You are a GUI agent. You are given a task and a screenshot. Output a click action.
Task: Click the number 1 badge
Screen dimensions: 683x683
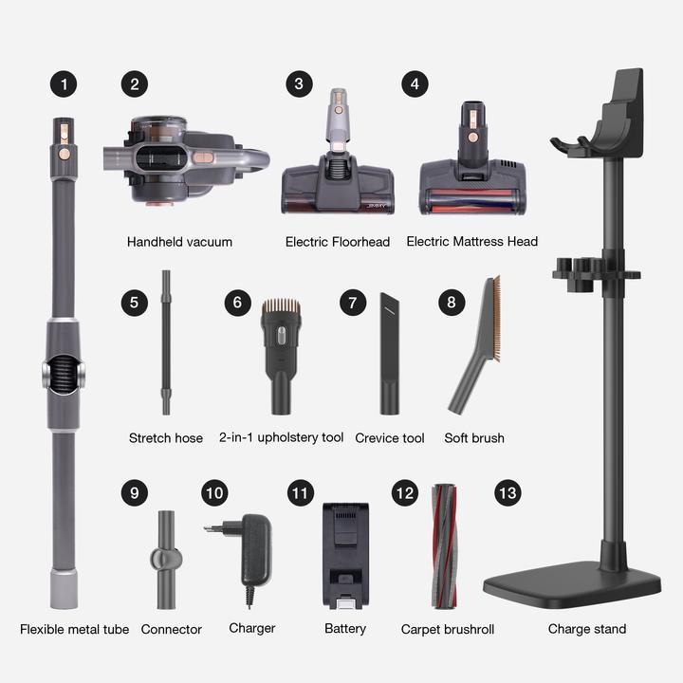pyautogui.click(x=63, y=83)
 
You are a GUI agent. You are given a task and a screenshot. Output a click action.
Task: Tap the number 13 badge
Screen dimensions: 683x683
pyautogui.click(x=508, y=493)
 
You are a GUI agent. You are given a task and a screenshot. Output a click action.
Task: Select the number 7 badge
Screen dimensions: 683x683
pyautogui.click(x=352, y=303)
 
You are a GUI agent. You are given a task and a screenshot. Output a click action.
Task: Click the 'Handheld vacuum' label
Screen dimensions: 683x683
pyautogui.click(x=179, y=242)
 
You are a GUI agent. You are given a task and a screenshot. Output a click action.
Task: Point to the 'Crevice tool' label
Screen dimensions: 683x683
pyautogui.click(x=390, y=438)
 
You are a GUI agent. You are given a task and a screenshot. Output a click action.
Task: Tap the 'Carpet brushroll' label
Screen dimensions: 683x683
pyautogui.click(x=448, y=629)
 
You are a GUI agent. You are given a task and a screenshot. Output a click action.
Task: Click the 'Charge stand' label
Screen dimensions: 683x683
pyautogui.click(x=587, y=629)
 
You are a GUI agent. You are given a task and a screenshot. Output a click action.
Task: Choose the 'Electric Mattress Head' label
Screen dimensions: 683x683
pyautogui.click(x=471, y=242)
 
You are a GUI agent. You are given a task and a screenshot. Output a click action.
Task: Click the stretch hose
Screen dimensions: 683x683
pyautogui.click(x=166, y=341)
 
